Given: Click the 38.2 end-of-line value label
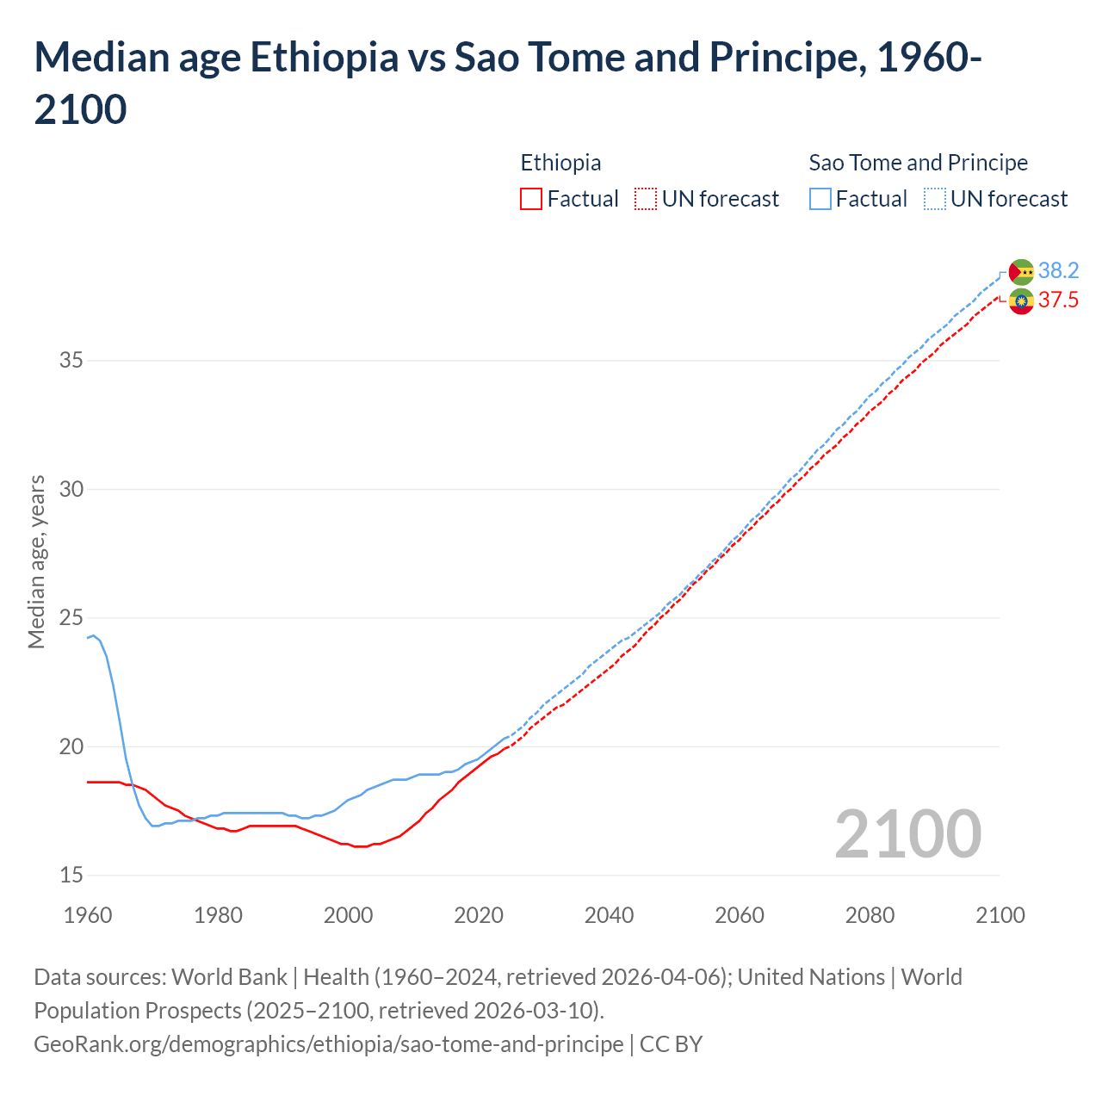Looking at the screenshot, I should pos(1058,270).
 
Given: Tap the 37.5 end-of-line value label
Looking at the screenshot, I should pos(1058,300).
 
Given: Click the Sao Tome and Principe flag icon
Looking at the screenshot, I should pos(1021,271).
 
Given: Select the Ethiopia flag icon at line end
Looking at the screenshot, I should pos(1021,301).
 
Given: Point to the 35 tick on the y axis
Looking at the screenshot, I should pos(71,360).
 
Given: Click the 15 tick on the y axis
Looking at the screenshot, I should pos(71,875).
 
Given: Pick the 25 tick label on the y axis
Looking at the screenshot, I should pos(71,617).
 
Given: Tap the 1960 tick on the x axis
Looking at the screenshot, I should pos(88,914).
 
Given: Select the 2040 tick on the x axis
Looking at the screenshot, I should pos(609,914).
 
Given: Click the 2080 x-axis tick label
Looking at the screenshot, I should pos(870,914).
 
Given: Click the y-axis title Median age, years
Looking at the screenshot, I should pos(36,561).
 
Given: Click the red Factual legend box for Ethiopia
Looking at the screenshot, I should pos(531,199).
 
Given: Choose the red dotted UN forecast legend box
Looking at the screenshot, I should pos(646,199).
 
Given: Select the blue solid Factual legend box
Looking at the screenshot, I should pos(820,199).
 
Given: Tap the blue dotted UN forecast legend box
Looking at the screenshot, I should pos(935,199).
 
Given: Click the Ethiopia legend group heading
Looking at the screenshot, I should pos(560,163).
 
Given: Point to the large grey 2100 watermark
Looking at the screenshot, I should pos(907,833).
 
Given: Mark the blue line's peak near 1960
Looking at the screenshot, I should pos(93,635).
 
